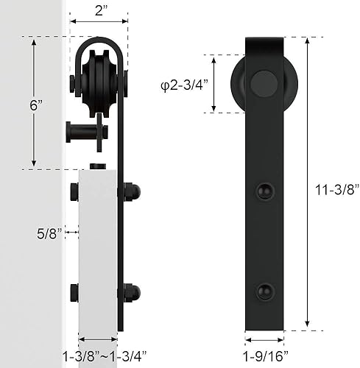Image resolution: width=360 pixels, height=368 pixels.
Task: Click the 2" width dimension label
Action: (102, 10)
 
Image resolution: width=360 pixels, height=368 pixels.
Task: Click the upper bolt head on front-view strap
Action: (264, 192)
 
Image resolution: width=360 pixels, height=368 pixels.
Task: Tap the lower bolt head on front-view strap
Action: (264, 292)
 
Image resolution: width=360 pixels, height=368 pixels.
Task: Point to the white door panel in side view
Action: (98, 250)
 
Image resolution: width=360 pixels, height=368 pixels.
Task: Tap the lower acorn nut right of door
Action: (132, 292)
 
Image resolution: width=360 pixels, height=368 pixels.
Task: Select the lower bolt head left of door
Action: (73, 292)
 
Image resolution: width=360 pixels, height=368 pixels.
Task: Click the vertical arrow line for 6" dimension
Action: (34, 103)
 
